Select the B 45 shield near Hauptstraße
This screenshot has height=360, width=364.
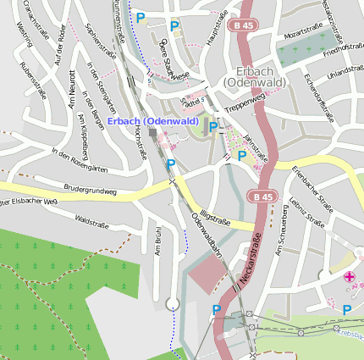pos(244,26)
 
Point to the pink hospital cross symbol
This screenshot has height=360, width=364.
pos(349,277)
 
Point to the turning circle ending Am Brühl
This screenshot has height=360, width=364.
pos(173,303)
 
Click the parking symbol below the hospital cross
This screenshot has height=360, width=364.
pos(346,311)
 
